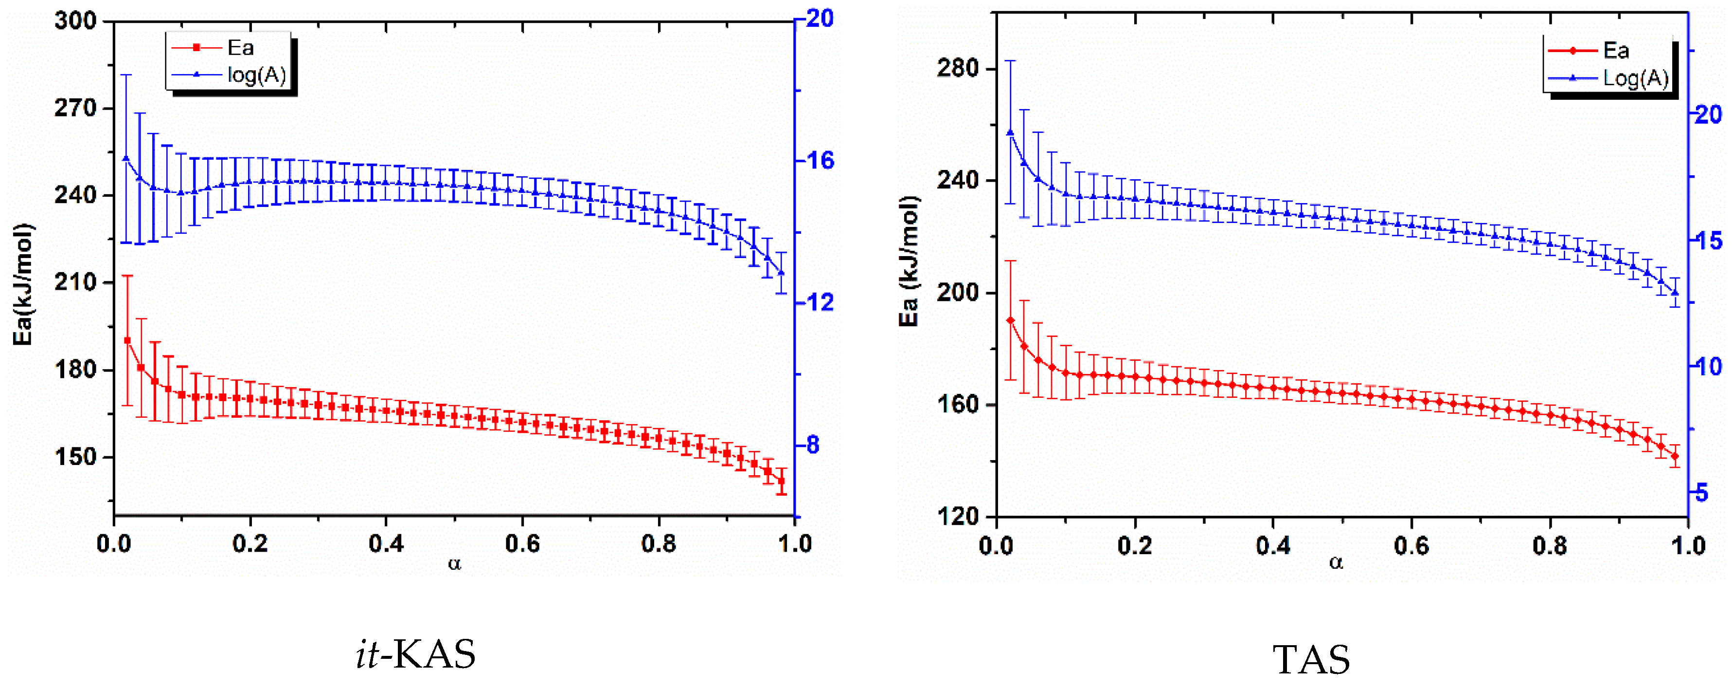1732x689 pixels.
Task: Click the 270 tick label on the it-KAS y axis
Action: click(x=76, y=108)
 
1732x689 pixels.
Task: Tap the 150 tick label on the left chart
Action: click(x=76, y=457)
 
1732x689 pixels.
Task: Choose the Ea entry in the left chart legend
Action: click(x=240, y=48)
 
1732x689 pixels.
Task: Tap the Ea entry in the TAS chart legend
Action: click(x=1616, y=51)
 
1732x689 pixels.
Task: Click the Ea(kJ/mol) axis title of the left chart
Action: click(x=23, y=284)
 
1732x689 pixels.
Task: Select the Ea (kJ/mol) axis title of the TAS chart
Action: click(x=909, y=261)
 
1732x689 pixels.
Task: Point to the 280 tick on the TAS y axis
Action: click(x=958, y=68)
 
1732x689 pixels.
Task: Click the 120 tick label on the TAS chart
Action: click(x=958, y=516)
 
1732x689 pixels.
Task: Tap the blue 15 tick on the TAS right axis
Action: click(x=1707, y=240)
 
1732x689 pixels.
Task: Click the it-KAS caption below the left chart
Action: click(x=415, y=654)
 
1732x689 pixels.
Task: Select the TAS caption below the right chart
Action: click(x=1311, y=659)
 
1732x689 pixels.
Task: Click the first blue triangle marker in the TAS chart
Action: click(x=1010, y=132)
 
